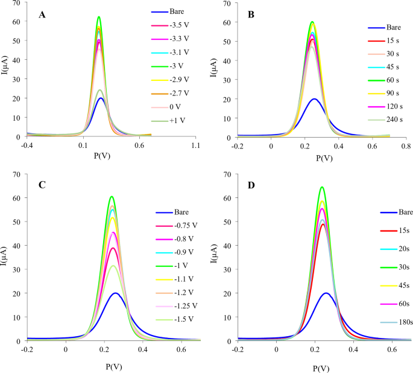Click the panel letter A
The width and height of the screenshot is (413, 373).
pos(42,14)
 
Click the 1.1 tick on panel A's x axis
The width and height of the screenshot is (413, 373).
pos(196,146)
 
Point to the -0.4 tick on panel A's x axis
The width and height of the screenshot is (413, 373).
pos(27,146)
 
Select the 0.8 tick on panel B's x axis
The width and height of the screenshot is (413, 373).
pos(406,146)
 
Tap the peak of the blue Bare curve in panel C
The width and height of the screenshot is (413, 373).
pos(115,293)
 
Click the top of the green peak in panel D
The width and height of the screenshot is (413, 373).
pos(322,187)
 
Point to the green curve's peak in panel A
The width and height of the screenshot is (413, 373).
pos(99,17)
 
